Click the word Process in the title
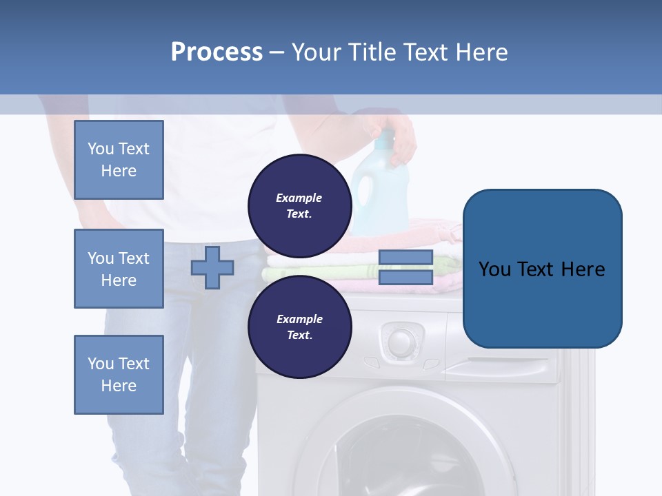point(217,52)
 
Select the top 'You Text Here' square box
point(119,160)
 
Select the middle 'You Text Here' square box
point(119,269)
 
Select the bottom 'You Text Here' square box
point(119,375)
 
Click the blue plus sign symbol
point(212,267)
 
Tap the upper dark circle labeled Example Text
point(299,206)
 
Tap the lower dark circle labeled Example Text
point(299,327)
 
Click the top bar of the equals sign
point(405,258)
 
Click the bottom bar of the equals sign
point(405,278)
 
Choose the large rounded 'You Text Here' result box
point(542,269)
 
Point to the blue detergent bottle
point(378,189)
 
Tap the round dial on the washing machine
point(401,341)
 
